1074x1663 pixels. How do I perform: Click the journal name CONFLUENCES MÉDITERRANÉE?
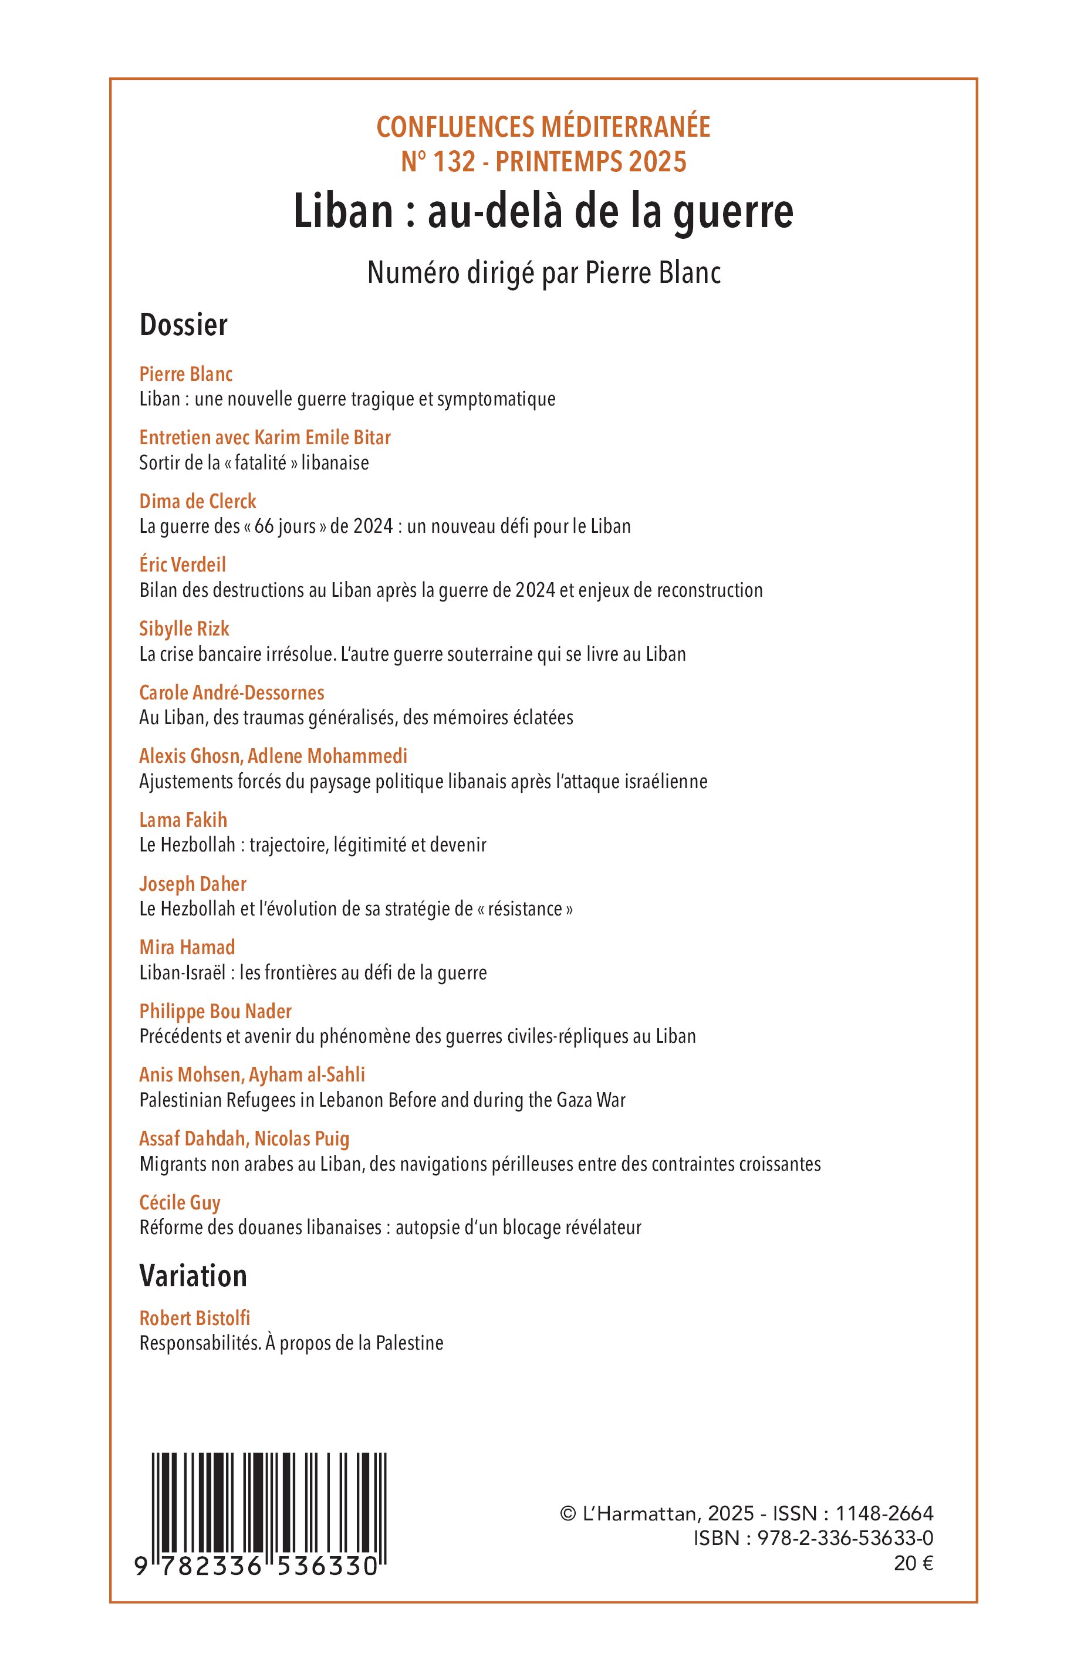pos(543,127)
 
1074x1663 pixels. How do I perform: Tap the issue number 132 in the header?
pos(454,162)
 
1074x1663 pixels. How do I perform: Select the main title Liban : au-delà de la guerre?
pos(543,212)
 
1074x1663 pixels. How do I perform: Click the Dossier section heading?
pos(184,325)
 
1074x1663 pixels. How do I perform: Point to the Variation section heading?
pos(193,1276)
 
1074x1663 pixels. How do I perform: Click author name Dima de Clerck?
pos(197,501)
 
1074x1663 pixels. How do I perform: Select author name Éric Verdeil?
pos(183,565)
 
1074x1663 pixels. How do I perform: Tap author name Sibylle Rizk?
pos(184,629)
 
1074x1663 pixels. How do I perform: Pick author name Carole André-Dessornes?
pos(232,692)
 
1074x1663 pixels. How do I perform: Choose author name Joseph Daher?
pos(192,884)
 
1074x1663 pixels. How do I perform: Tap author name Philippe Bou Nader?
pos(215,1012)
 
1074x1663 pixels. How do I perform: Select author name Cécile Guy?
pos(180,1203)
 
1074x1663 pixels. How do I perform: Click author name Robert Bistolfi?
pos(195,1319)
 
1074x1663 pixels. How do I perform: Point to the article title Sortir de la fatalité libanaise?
pos(254,463)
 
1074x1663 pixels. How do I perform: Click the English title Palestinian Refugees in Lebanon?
pos(382,1100)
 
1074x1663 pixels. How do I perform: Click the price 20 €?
pos(913,1564)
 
